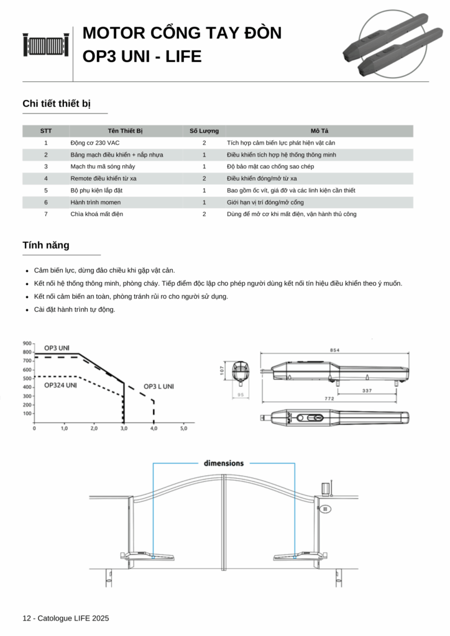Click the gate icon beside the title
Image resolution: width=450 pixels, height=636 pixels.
tap(46, 45)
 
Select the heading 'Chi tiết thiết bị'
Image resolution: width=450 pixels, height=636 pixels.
tap(57, 103)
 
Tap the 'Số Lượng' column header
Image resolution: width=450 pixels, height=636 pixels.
tap(204, 131)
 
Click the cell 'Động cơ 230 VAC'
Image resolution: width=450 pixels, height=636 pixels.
tap(94, 143)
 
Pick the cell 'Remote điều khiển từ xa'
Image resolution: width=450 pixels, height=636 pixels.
tap(104, 178)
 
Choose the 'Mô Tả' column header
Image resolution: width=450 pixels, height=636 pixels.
tap(319, 131)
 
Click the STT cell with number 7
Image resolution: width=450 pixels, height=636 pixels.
tap(46, 214)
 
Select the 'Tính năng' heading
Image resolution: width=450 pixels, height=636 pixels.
tap(46, 245)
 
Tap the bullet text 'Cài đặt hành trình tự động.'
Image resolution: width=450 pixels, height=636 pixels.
tap(75, 309)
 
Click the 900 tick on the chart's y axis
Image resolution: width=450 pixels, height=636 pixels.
tap(27, 343)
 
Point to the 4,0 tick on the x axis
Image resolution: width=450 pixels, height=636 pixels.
tap(154, 429)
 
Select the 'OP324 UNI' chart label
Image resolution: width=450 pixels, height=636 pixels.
tap(60, 385)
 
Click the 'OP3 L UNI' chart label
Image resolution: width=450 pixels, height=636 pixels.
tap(158, 386)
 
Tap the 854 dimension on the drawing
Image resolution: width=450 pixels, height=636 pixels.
tap(334, 350)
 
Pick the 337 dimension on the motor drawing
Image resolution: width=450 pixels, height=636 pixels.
tap(367, 391)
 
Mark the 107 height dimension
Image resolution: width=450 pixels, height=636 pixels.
tap(222, 371)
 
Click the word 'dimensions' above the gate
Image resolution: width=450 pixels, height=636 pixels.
tap(224, 463)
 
